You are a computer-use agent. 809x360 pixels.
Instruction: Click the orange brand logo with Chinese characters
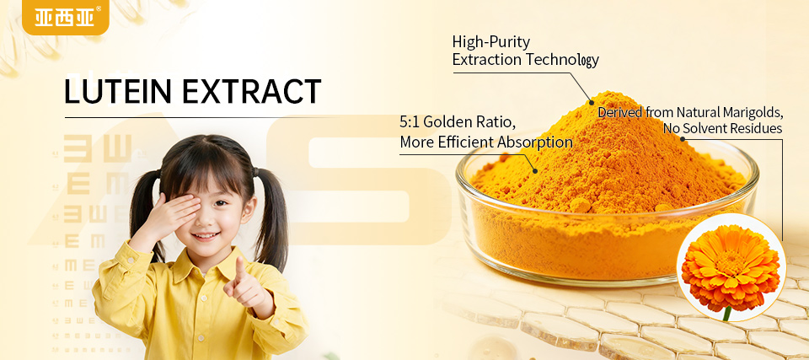(66, 17)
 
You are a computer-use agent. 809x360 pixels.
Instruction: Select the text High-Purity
(491, 41)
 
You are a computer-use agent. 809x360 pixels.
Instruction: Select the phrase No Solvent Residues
(722, 129)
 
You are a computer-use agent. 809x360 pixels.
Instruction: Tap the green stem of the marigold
(726, 313)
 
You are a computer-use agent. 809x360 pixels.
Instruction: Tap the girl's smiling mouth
(205, 238)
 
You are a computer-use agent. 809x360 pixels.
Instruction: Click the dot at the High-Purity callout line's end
(592, 102)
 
